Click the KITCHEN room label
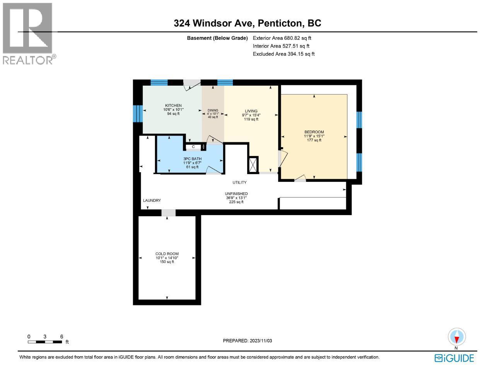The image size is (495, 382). coord(173,105)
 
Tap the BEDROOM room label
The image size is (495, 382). coord(314,132)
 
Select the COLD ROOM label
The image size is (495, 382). coord(167,254)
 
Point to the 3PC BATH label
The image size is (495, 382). coord(191,159)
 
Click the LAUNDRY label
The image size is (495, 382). coord(152,200)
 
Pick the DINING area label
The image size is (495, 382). coord(213,110)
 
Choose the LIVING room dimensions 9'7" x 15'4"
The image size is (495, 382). coord(251,115)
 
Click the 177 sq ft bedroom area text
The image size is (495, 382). coord(314,140)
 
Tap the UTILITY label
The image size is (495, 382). coord(239,182)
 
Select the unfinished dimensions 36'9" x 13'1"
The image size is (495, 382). coord(236,198)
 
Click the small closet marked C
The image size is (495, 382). coord(193,147)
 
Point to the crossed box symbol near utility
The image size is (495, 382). coord(253,165)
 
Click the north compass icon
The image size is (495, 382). coord(457,337)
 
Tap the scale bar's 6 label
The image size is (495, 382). coord(61,337)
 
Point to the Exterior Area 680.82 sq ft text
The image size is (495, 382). coord(282,38)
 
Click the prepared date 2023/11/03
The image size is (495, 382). coord(247,341)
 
